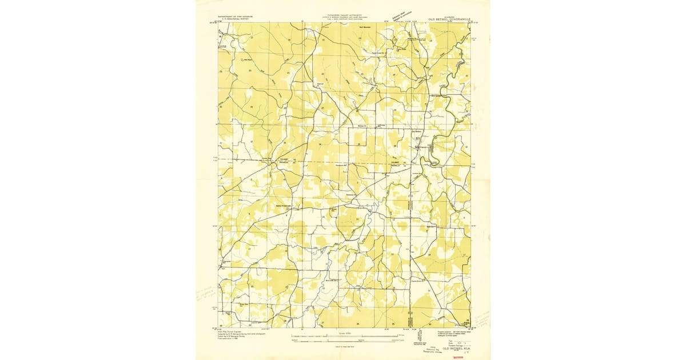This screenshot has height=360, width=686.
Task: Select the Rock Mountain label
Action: pyautogui.click(x=364, y=26)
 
